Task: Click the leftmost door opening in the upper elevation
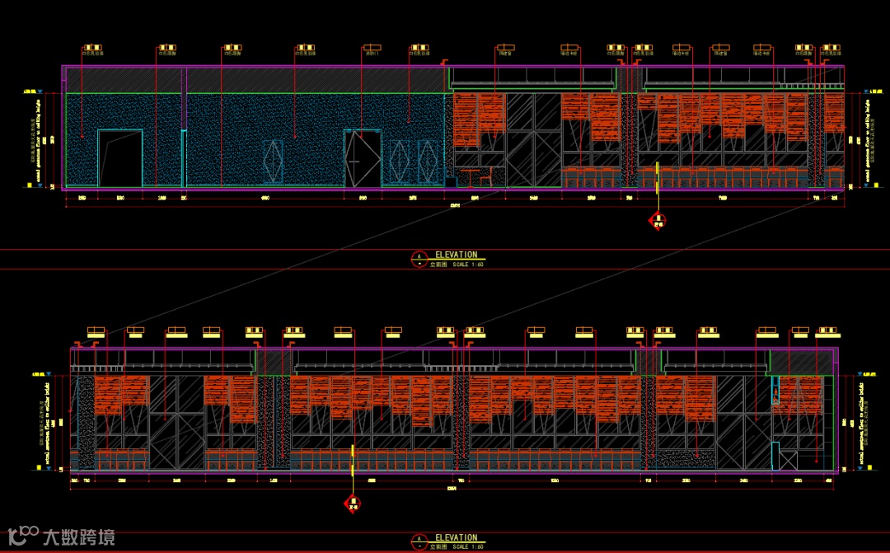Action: pyautogui.click(x=120, y=158)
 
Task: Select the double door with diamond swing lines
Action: pyautogui.click(x=363, y=158)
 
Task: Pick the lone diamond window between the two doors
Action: pyautogui.click(x=272, y=161)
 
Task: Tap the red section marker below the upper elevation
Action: pyautogui.click(x=658, y=219)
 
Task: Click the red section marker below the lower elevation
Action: pyautogui.click(x=353, y=502)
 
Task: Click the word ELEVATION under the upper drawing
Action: pyautogui.click(x=456, y=255)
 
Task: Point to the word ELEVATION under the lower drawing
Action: pyautogui.click(x=456, y=538)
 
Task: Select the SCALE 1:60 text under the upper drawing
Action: pyautogui.click(x=468, y=265)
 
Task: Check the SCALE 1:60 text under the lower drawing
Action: pyautogui.click(x=468, y=546)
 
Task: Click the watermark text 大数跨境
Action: pyautogui.click(x=79, y=537)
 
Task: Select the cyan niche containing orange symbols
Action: pyautogui.click(x=775, y=390)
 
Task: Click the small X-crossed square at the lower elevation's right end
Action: pyautogui.click(x=788, y=460)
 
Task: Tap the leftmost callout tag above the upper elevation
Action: pyautogui.click(x=92, y=49)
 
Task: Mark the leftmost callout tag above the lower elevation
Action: pyautogui.click(x=96, y=331)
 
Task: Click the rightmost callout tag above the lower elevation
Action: pyautogui.click(x=827, y=331)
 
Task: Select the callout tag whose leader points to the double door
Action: pyautogui.click(x=372, y=49)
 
